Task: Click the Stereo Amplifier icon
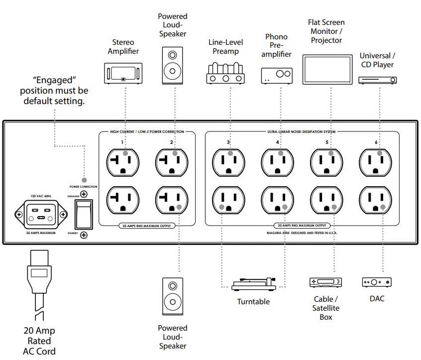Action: click(122, 73)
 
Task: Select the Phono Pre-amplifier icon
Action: click(277, 75)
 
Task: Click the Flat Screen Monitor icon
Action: click(326, 69)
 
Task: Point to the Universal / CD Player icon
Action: click(377, 79)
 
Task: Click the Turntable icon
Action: click(254, 285)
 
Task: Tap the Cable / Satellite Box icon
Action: click(326, 282)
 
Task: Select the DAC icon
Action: click(377, 282)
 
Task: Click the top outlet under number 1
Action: click(122, 162)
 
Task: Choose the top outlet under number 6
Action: click(376, 162)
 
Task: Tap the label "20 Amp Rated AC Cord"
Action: click(39, 341)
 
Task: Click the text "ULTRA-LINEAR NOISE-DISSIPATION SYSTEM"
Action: click(302, 132)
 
